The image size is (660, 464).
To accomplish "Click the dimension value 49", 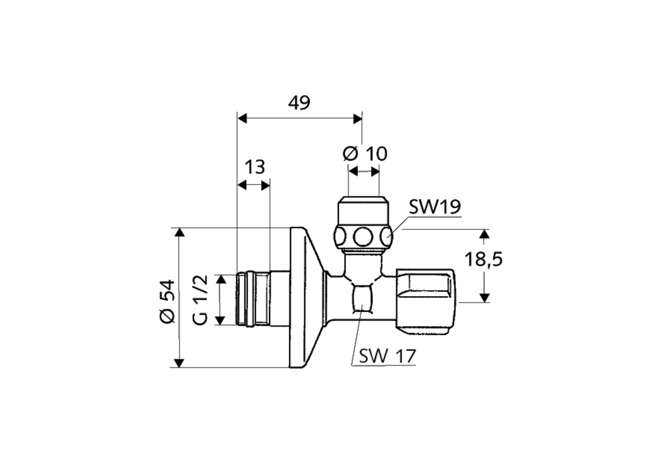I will point(299,103).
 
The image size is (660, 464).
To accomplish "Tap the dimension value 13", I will point(254,167).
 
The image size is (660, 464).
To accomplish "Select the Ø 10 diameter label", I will point(365,153).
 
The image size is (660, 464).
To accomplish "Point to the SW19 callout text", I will point(435,207).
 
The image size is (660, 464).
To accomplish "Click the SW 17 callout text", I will point(387,356).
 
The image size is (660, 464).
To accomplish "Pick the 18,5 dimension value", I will point(483,259).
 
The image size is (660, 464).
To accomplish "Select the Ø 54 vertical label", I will point(168,302).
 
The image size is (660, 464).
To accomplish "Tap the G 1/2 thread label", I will point(201,300).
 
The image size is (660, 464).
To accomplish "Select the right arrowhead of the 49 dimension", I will point(357,119).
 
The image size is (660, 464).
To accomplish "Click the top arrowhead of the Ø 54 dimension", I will point(179,233).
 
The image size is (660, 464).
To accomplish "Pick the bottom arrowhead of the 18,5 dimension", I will point(484,297).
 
